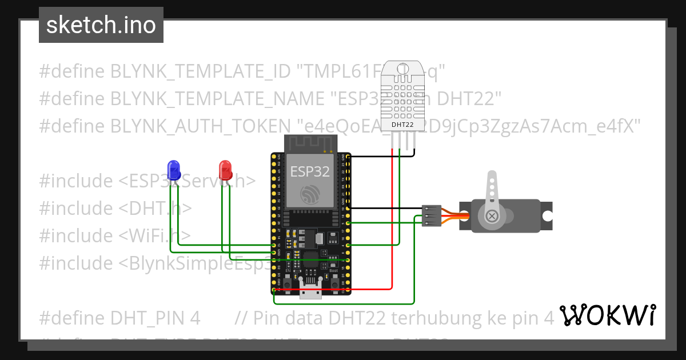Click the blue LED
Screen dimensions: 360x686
coord(174,169)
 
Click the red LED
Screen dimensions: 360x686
coord(225,169)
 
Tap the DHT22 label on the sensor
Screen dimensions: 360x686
coord(402,124)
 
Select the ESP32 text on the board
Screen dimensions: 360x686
coord(310,171)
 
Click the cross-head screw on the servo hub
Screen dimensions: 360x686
coord(492,216)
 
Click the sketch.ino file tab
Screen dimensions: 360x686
coord(101,25)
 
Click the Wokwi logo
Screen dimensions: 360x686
coord(607,315)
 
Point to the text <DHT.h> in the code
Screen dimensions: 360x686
coord(155,208)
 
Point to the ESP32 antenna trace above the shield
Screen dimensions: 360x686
coord(309,143)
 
